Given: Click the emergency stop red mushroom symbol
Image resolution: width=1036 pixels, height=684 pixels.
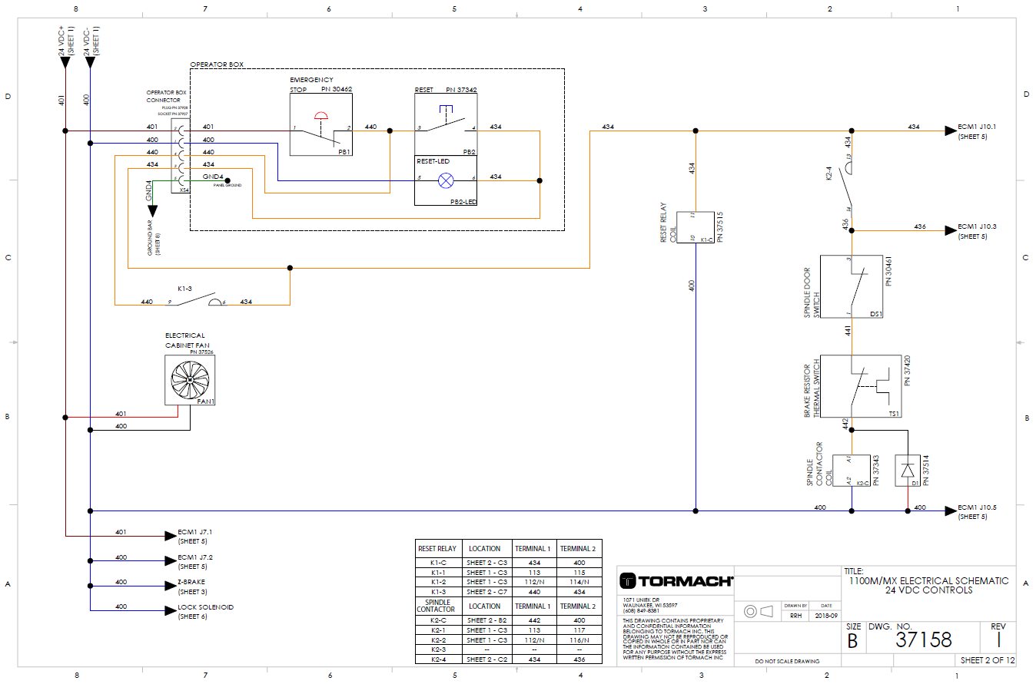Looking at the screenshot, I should tap(321, 116).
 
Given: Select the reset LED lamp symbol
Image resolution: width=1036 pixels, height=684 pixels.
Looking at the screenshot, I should tap(445, 180).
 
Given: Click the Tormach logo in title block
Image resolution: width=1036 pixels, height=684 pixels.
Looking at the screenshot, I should tap(676, 581).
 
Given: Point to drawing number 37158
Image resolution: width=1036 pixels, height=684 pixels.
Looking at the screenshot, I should tap(924, 639).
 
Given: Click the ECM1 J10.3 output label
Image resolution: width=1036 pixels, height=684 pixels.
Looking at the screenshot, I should tap(977, 227).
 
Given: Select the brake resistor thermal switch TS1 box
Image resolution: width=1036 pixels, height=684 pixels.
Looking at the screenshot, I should tap(860, 386).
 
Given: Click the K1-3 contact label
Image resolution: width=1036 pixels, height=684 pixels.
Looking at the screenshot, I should tap(184, 289).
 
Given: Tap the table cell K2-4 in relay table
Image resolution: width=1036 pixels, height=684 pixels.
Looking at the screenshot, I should tap(437, 659).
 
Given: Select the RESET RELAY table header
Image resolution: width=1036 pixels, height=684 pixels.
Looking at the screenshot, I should tap(437, 548).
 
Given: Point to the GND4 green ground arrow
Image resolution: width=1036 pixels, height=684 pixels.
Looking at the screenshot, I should tap(152, 210).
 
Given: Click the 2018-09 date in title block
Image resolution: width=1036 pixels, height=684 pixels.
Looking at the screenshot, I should tap(825, 616).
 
